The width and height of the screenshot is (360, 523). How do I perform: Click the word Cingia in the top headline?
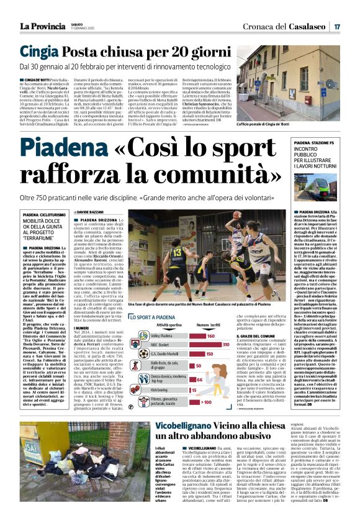pos(41,52)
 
